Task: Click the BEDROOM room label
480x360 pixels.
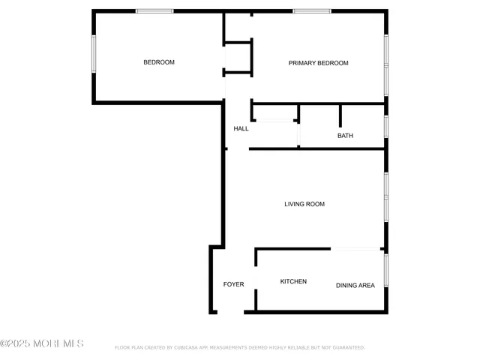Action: pyautogui.click(x=159, y=62)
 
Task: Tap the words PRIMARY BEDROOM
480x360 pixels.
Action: pyautogui.click(x=319, y=63)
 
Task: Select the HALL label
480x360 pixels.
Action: pyautogui.click(x=241, y=128)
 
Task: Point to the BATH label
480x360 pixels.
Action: pyautogui.click(x=345, y=136)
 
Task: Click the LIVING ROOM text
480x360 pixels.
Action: pyautogui.click(x=304, y=203)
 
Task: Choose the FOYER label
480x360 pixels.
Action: pyautogui.click(x=233, y=284)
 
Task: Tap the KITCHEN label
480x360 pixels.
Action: pyautogui.click(x=293, y=281)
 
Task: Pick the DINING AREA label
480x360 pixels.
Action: pyautogui.click(x=355, y=285)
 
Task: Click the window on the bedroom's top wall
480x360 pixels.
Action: pyautogui.click(x=154, y=11)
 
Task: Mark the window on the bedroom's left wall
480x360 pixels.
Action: pyautogui.click(x=94, y=54)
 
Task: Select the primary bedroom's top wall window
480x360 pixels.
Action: pyautogui.click(x=312, y=11)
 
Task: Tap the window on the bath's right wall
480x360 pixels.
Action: pyautogui.click(x=386, y=126)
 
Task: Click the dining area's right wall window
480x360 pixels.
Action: pyautogui.click(x=386, y=270)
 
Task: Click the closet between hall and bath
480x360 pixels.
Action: pyautogui.click(x=274, y=112)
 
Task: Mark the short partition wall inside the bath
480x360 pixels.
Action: pyautogui.click(x=340, y=115)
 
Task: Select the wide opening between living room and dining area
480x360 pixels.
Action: pyautogui.click(x=355, y=249)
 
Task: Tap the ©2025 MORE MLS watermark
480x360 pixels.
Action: pyautogui.click(x=42, y=343)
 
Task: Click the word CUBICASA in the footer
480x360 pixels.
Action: pyautogui.click(x=183, y=348)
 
